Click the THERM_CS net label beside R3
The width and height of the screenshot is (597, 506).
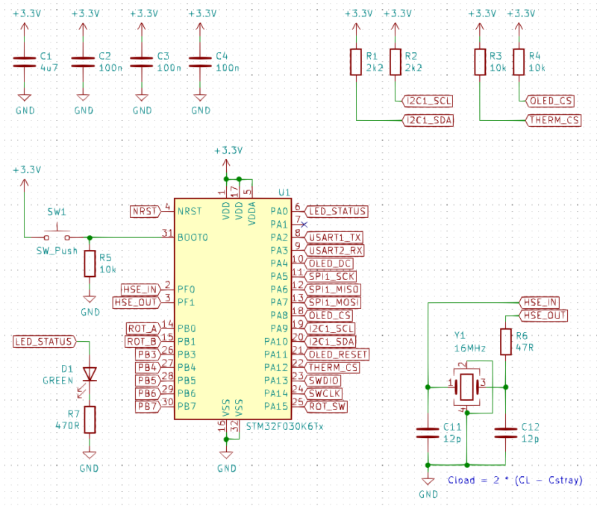(x=553, y=120)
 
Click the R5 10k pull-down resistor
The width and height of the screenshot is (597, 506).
(x=90, y=263)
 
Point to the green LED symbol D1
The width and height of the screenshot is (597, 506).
(x=90, y=373)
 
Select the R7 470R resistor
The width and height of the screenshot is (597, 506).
(x=90, y=419)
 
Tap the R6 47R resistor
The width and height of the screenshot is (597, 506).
(x=506, y=342)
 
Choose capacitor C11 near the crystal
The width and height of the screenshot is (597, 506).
(x=427, y=432)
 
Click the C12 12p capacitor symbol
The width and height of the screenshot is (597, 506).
(x=506, y=432)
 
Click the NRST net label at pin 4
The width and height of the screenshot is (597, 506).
(x=144, y=211)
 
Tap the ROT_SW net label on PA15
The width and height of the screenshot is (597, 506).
(x=327, y=406)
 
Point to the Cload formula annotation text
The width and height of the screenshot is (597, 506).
(x=515, y=480)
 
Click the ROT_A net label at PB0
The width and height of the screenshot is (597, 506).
(x=143, y=328)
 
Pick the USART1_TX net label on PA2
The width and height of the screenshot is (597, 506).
(x=336, y=237)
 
